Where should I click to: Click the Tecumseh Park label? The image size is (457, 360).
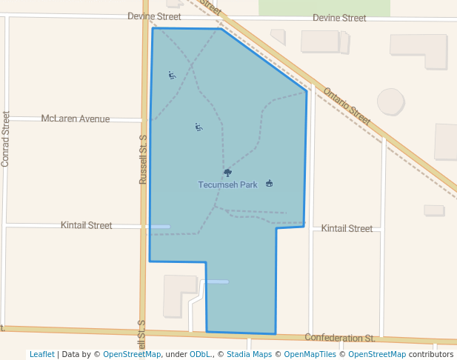point(227,184)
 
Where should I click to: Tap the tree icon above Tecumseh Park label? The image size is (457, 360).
point(227,173)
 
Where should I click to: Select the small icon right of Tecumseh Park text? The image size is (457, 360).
point(269,184)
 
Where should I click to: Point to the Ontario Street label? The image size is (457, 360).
point(347,106)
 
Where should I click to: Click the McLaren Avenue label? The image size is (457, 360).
point(76,119)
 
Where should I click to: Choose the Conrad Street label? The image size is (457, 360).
point(5,139)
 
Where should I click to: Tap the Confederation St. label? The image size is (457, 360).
point(340,338)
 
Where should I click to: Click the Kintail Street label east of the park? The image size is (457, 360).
point(347,229)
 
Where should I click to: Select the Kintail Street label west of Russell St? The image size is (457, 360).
point(87,225)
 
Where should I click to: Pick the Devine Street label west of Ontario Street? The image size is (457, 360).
point(154,16)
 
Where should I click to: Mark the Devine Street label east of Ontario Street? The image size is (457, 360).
point(339,18)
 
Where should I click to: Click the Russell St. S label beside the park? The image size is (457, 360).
point(144,159)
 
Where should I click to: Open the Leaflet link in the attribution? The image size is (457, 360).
point(42,354)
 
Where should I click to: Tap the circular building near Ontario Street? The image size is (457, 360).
point(390,101)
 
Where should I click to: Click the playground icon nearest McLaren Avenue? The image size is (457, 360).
point(198,127)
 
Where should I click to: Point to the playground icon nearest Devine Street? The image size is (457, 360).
point(172,75)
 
